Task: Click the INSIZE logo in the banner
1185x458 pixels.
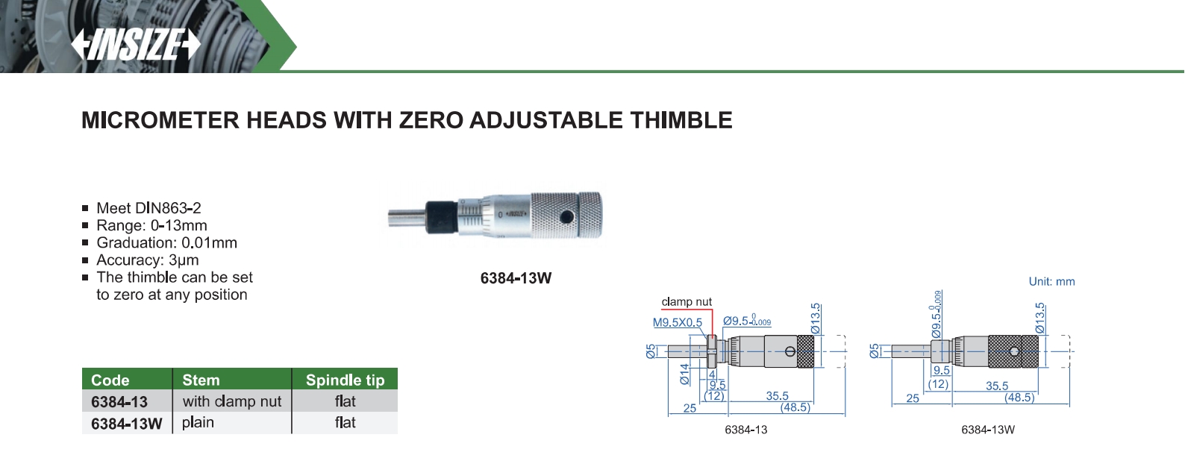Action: tap(136, 45)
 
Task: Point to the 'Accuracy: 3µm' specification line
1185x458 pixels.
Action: tap(148, 260)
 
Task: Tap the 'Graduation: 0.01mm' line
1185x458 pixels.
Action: tap(166, 242)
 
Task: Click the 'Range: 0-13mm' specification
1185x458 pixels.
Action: tap(151, 225)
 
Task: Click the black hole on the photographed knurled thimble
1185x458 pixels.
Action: tap(566, 216)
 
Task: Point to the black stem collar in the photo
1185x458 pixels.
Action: tap(442, 216)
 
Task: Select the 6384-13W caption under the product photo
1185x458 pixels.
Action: tap(516, 278)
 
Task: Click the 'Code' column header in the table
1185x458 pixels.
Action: tap(110, 380)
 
